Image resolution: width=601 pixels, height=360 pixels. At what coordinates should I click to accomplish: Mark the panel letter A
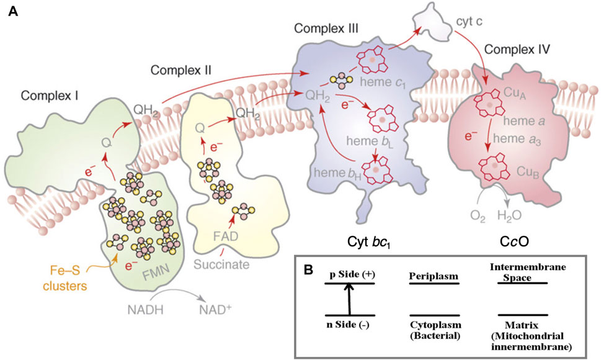[11, 11]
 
